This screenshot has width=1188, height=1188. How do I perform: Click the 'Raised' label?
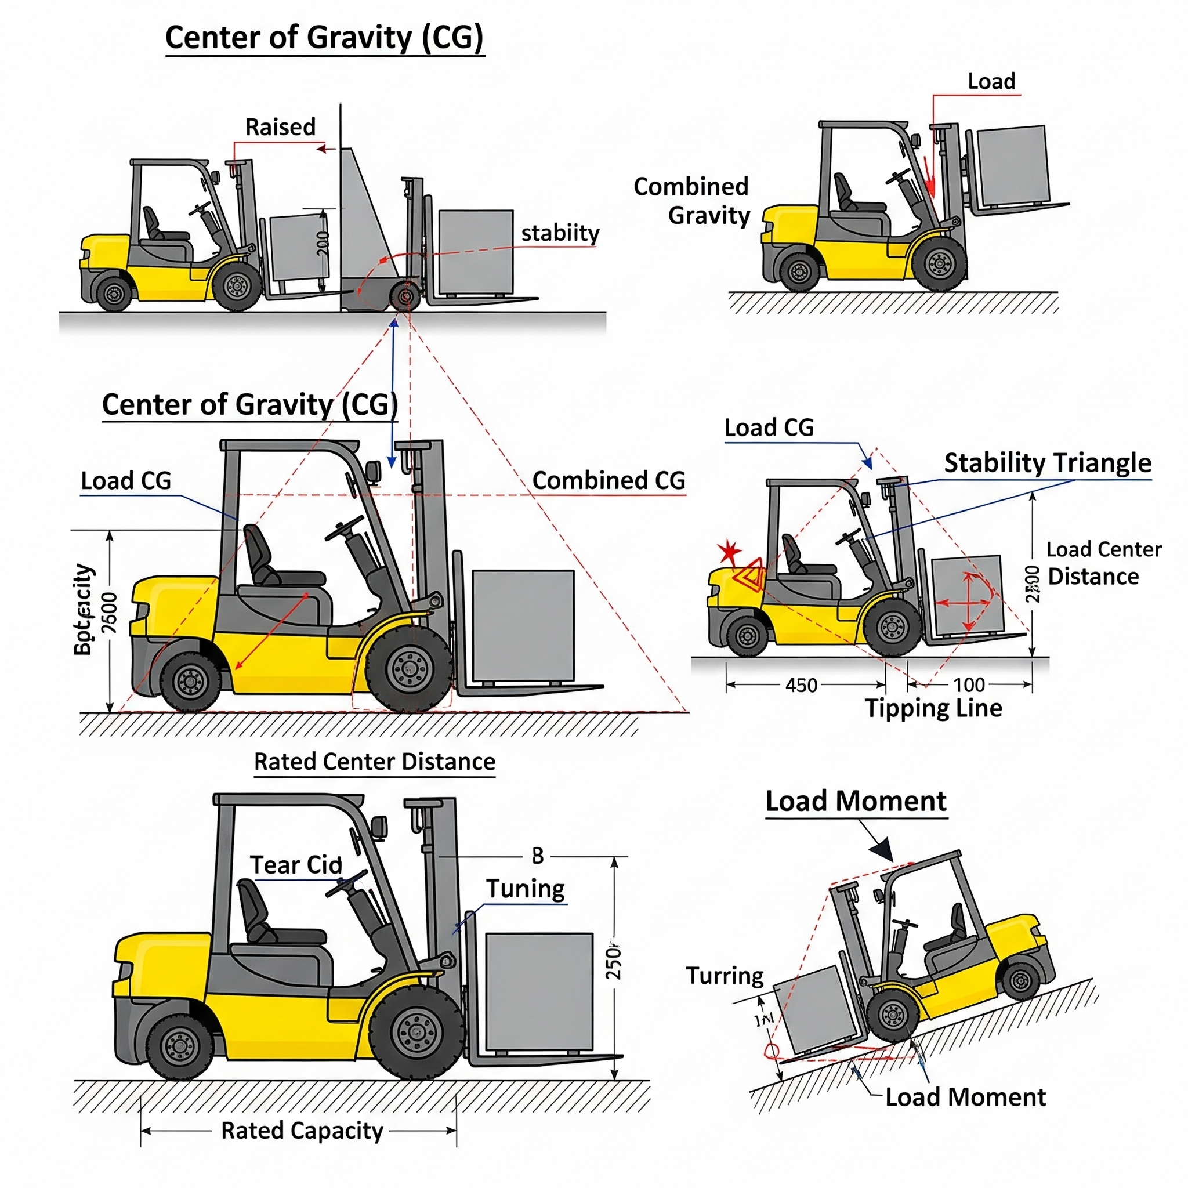pyautogui.click(x=280, y=127)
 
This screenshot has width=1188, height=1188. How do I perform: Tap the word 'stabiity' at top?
pyautogui.click(x=560, y=233)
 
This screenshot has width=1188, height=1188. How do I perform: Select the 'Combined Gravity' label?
pyautogui.click(x=692, y=201)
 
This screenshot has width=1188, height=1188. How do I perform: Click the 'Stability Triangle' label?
pyautogui.click(x=1047, y=463)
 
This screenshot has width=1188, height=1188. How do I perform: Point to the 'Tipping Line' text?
pyautogui.click(x=933, y=708)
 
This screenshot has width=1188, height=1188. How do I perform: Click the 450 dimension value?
pyautogui.click(x=801, y=685)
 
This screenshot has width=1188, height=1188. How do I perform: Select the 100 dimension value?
pyautogui.click(x=969, y=684)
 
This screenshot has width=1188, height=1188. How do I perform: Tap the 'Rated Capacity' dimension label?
pyautogui.click(x=302, y=1130)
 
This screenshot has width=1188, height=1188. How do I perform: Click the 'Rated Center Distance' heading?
pyautogui.click(x=375, y=761)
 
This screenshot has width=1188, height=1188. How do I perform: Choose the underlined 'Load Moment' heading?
pyautogui.click(x=856, y=801)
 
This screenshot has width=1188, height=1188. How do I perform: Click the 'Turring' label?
pyautogui.click(x=725, y=976)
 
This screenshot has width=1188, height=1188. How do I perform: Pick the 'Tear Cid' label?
pyautogui.click(x=296, y=865)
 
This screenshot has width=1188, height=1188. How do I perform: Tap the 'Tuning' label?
pyautogui.click(x=525, y=889)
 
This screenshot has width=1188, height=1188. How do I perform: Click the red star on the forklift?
pyautogui.click(x=730, y=550)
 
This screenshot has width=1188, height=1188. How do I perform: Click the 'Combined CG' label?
pyautogui.click(x=608, y=480)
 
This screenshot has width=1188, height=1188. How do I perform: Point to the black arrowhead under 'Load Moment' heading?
pyautogui.click(x=883, y=851)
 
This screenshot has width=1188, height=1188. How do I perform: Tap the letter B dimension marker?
pyautogui.click(x=538, y=856)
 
